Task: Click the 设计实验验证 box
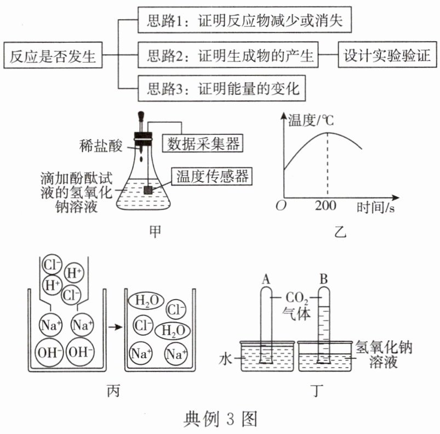[x=387, y=55]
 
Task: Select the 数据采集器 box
[x=203, y=144]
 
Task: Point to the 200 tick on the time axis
[x=327, y=207]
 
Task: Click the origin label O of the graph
[x=282, y=206]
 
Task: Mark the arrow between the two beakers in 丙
[x=114, y=327]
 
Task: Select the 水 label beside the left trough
[x=227, y=359]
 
